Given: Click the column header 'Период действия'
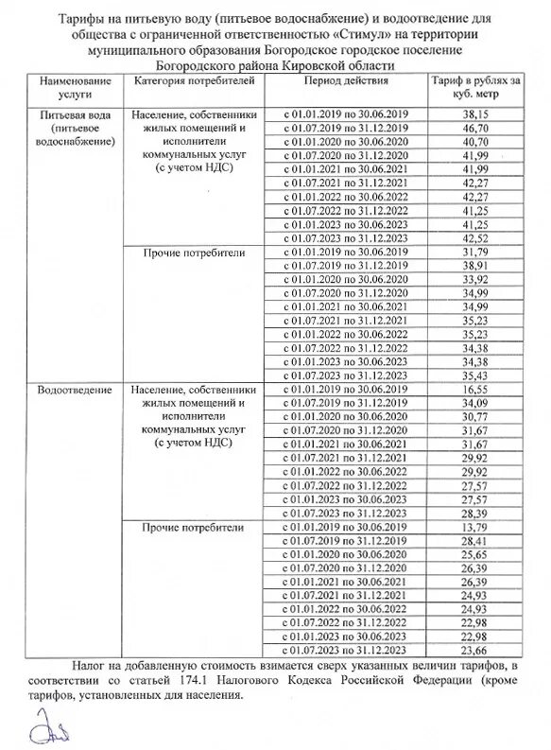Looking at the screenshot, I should (x=345, y=82).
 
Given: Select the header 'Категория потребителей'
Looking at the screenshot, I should (x=195, y=82).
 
